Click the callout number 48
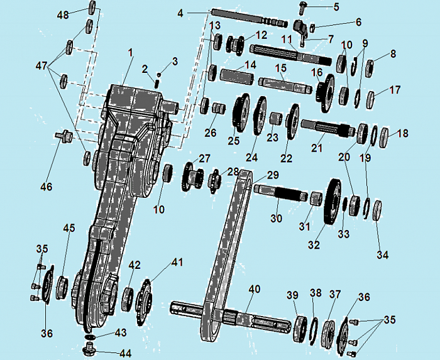click(63, 14)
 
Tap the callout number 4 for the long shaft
click(180, 13)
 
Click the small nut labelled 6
click(312, 28)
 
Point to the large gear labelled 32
click(333, 201)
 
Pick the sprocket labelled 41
click(145, 302)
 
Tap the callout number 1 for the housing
click(130, 53)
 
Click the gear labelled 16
click(325, 93)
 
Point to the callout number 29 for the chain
click(273, 175)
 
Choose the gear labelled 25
click(241, 112)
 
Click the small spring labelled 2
click(157, 84)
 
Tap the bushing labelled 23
click(276, 119)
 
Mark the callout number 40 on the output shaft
click(255, 289)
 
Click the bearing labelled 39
click(300, 329)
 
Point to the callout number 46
click(47, 187)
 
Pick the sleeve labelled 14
click(237, 76)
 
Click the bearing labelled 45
click(62, 287)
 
